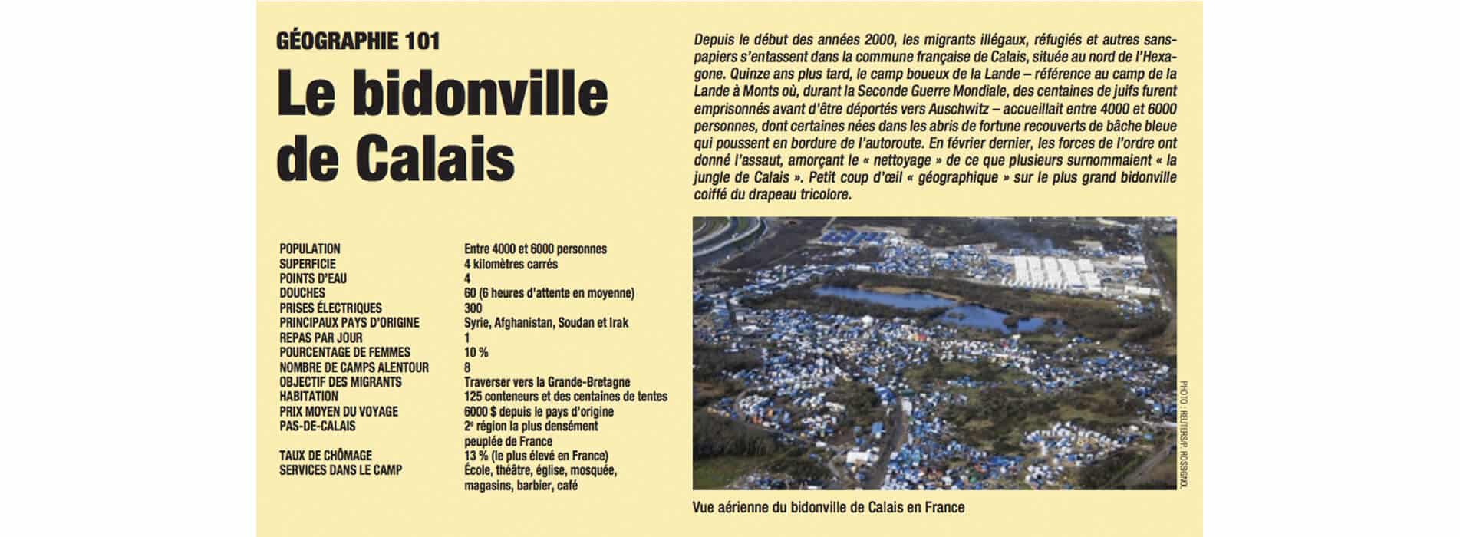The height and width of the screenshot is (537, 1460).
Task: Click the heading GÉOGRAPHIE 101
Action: [x=358, y=41]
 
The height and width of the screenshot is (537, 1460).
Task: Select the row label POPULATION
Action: [x=310, y=249]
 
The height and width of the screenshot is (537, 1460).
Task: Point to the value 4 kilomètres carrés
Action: [x=510, y=264]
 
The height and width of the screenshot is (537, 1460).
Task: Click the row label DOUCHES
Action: [x=302, y=293]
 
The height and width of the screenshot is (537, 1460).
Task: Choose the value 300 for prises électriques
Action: [x=473, y=308]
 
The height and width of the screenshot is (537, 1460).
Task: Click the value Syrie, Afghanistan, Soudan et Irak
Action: [x=545, y=323]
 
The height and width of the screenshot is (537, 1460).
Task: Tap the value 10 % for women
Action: [x=476, y=352]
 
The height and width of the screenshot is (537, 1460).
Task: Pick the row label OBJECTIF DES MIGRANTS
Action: [x=341, y=382]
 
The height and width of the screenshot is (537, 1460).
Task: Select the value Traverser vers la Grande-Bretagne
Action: [x=547, y=382]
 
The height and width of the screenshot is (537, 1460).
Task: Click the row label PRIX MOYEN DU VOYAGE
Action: [x=338, y=412]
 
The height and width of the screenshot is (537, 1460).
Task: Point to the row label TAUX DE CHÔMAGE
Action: [x=325, y=456]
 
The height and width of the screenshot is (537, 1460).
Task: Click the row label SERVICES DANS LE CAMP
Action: [x=341, y=470]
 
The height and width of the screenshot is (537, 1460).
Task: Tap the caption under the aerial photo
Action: [x=828, y=508]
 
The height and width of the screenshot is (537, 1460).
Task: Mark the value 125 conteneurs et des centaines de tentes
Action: [x=565, y=397]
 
